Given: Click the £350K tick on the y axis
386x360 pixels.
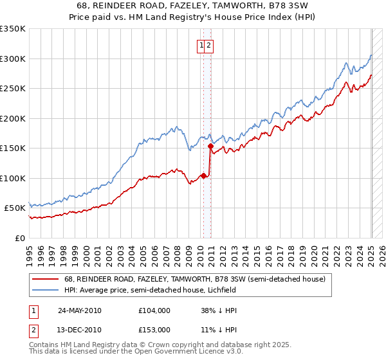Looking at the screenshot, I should point(13,29).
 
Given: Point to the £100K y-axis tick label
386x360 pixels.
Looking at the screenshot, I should point(13,178).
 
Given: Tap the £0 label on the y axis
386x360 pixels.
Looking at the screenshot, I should point(19,238).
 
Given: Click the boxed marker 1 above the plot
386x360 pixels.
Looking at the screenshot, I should point(202,45).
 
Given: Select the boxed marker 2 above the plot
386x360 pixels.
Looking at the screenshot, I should point(210,45).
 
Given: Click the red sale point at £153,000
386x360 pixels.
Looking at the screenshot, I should point(210,147).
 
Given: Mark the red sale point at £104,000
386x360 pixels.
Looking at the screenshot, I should point(204,175).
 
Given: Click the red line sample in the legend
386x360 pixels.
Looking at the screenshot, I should point(46,279).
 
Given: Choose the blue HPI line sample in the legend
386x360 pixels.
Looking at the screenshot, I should point(46,290).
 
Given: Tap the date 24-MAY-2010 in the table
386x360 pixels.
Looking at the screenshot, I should point(80,310).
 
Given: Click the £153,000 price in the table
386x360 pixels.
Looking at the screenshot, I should point(154,330).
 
